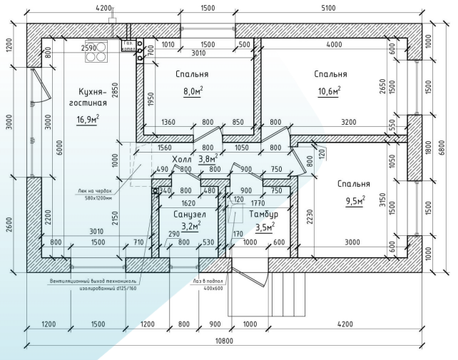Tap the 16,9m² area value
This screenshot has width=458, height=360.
click(x=88, y=118)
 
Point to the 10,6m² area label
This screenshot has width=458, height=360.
click(x=330, y=91)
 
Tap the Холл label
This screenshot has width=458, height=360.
click(x=183, y=160)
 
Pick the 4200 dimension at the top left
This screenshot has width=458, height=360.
click(x=103, y=9)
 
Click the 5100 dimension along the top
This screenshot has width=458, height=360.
click(x=327, y=9)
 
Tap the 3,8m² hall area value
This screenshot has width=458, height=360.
click(x=208, y=159)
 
